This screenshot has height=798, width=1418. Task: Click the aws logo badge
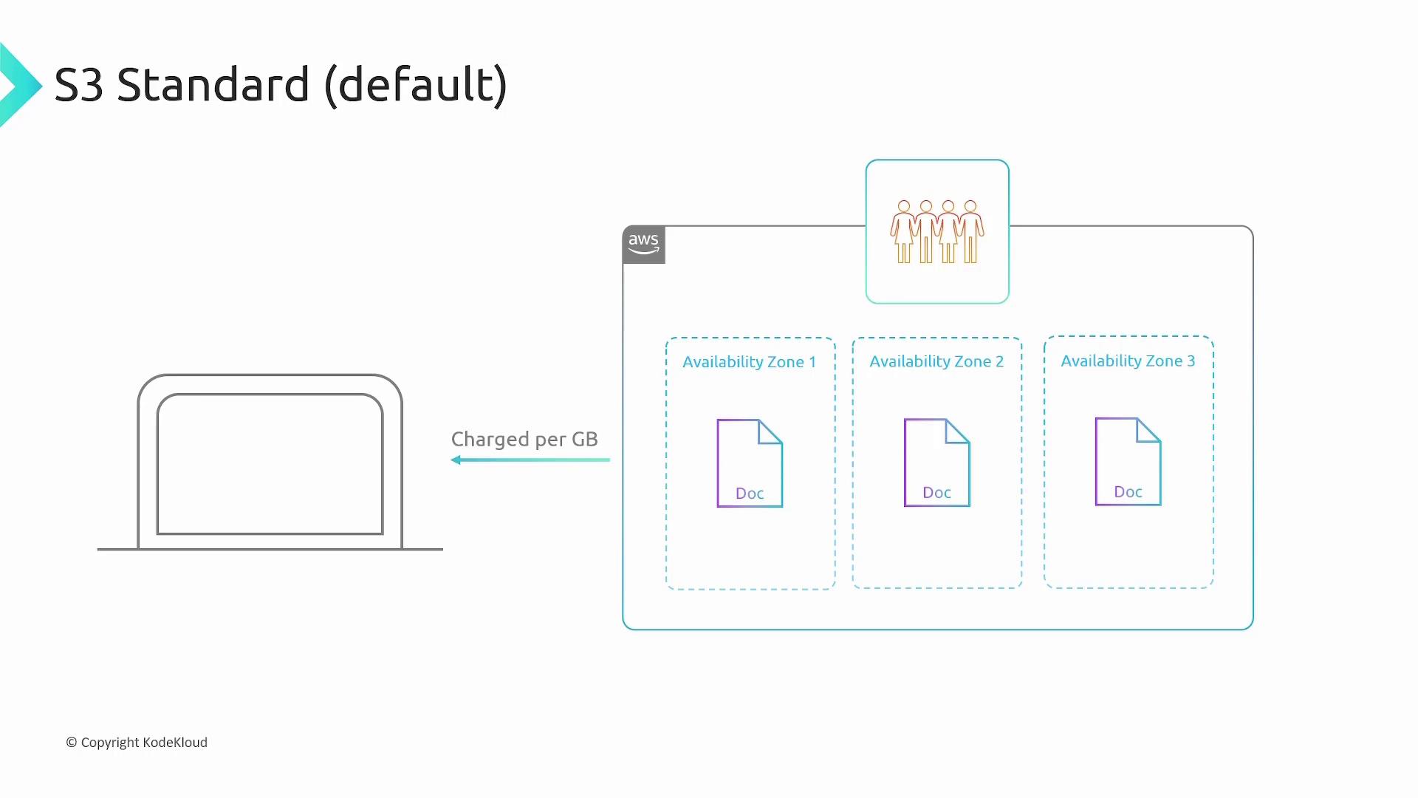pos(643,245)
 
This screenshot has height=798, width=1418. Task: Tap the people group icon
pos(937,231)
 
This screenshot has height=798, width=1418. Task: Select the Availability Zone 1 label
pos(749,362)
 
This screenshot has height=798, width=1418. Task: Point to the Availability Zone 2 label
pos(936,361)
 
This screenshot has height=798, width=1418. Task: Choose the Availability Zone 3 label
pos(1128,361)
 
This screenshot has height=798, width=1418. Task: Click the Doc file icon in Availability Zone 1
pos(750,463)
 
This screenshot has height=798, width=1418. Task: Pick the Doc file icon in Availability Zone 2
pos(936,463)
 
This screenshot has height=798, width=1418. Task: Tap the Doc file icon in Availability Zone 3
pos(1128,462)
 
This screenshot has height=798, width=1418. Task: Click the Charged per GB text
pos(524,440)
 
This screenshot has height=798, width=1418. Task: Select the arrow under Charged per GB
pos(530,460)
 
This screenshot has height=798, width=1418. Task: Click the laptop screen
pos(270,464)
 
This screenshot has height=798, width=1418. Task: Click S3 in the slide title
pos(78,85)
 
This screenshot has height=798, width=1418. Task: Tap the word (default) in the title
pos(416,85)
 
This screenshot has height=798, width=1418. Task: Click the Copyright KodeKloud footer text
pos(137,743)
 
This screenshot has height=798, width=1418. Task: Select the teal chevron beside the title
pos(19,85)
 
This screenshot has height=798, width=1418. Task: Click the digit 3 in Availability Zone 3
pos(1191,361)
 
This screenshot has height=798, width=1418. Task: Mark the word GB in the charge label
pos(584,440)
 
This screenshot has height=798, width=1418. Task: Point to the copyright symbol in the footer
pos(72,743)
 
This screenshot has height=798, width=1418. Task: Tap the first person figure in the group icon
pos(904,231)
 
